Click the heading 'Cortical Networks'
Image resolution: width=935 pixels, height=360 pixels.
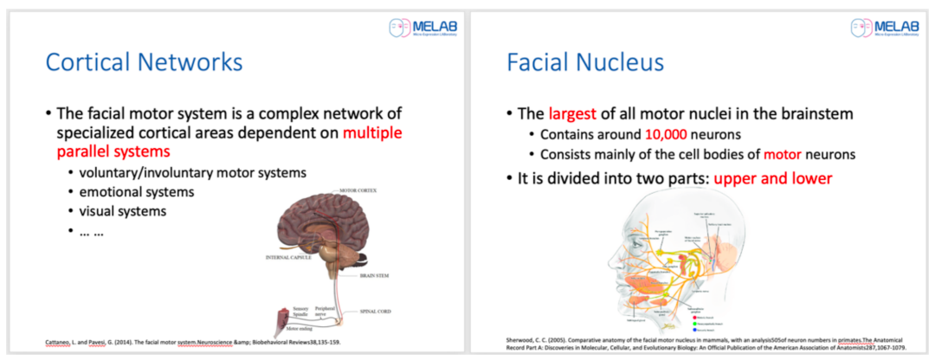coord(144,62)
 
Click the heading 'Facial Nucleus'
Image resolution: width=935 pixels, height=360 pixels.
coord(585,62)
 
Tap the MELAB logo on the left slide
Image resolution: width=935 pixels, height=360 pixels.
coord(423,27)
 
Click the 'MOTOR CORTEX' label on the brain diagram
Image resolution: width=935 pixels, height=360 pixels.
coord(359,190)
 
